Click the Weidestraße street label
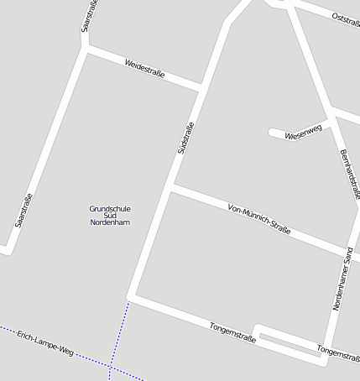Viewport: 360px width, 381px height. [x=144, y=69]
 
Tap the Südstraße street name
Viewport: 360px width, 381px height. [x=185, y=138]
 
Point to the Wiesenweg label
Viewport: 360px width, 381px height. [x=303, y=132]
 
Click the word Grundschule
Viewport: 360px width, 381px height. [x=110, y=208]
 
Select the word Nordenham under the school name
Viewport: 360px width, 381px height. [x=110, y=222]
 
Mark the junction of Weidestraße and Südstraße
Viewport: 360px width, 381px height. [x=201, y=86]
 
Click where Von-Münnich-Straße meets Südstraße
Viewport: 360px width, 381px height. [x=170, y=187]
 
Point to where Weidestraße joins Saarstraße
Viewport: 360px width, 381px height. [x=85, y=49]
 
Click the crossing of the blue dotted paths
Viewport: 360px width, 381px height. [x=109, y=367]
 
